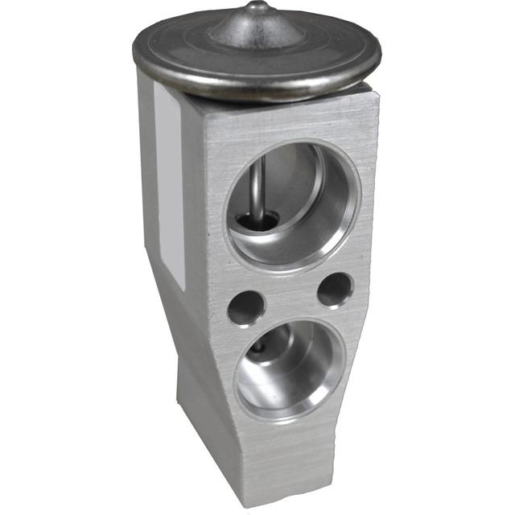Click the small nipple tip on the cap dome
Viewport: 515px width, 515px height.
pyautogui.click(x=257, y=6)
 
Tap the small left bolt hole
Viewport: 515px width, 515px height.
pyautogui.click(x=246, y=307)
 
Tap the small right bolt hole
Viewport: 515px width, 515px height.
pyautogui.click(x=334, y=290)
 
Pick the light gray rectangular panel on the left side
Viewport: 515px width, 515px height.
pyautogui.click(x=169, y=189)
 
